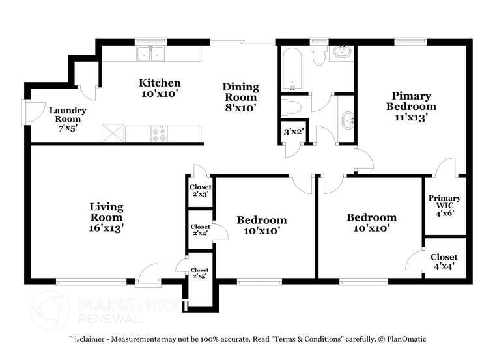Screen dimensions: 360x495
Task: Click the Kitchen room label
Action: [160, 89]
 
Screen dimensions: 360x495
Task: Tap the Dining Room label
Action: [240, 97]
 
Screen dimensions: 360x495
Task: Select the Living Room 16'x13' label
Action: [106, 217]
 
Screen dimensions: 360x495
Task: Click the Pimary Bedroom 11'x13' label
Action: [411, 106]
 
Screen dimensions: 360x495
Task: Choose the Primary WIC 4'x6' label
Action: [444, 205]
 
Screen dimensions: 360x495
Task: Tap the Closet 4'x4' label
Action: [444, 261]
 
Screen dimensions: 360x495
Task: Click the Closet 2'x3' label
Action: [200, 190]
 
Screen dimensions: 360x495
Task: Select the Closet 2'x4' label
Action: [200, 230]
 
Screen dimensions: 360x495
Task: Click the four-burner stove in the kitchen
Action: [159, 133]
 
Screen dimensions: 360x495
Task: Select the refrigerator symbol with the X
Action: [113, 133]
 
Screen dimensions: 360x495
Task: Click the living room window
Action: [91, 282]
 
